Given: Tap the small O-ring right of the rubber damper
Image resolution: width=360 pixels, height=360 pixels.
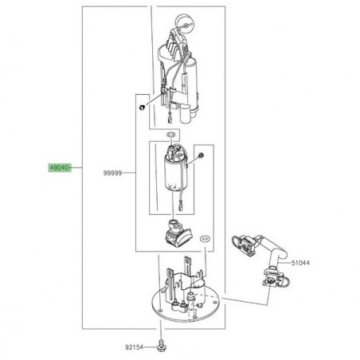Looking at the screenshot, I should (205, 237).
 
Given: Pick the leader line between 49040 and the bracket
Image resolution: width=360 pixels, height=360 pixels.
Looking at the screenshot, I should (80, 169).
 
